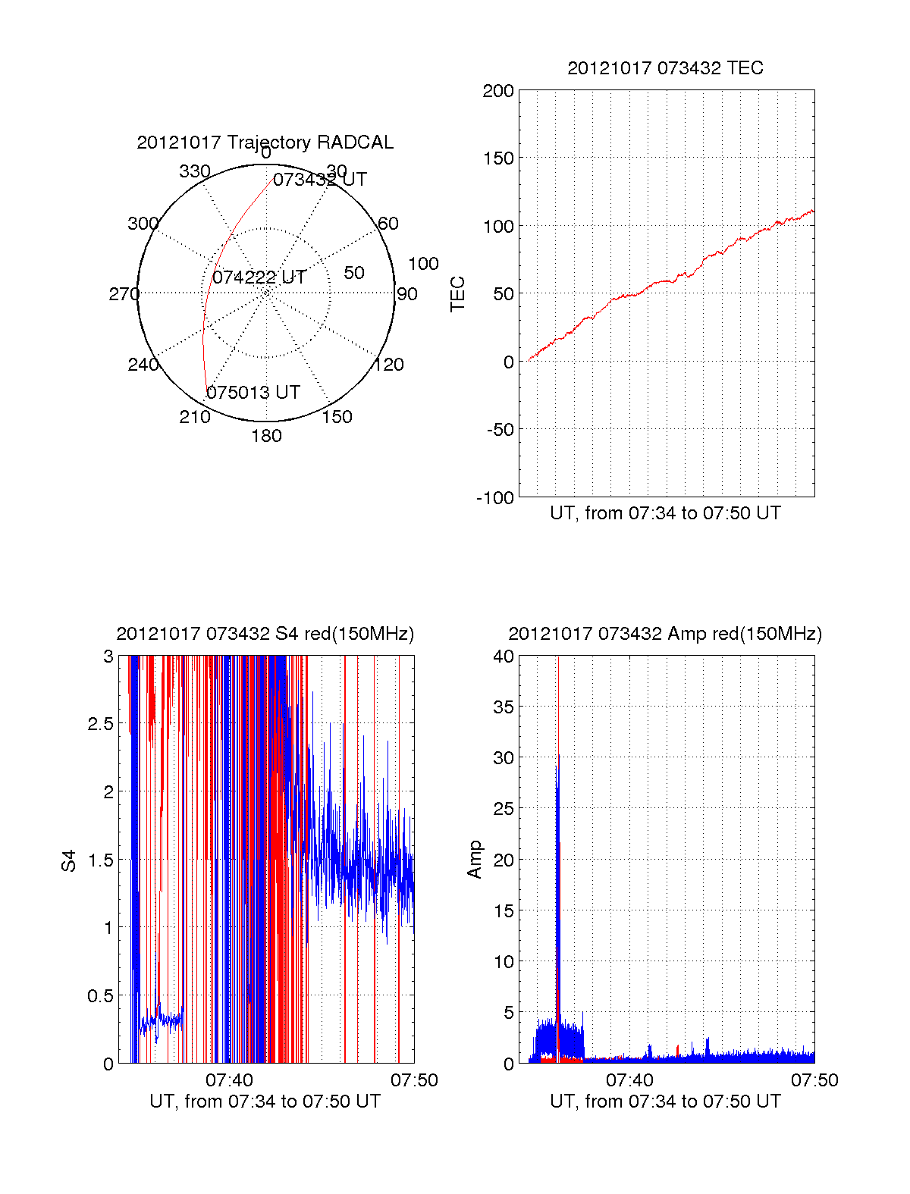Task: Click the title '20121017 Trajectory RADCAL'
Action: pos(265,143)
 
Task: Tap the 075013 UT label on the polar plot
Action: pos(253,393)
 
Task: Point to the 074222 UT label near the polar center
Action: pos(259,277)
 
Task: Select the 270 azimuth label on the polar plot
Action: pos(124,294)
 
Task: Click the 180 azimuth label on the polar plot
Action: pos(266,436)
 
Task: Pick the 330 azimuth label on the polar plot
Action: pos(195,171)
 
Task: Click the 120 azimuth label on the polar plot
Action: pos(389,365)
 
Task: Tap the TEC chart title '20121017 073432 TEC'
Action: pos(665,68)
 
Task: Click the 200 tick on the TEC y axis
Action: pos(498,92)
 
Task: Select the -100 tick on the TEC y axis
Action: pos(495,498)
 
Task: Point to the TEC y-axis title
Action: pos(458,294)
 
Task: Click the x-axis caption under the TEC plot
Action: pos(665,513)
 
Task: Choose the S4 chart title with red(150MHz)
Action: pos(265,634)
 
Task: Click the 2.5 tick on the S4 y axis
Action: pos(101,724)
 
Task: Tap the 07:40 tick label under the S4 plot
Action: pos(229,1080)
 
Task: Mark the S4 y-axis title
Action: pos(69,860)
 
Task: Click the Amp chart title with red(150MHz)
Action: pos(665,634)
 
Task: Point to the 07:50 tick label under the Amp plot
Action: pos(814,1080)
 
